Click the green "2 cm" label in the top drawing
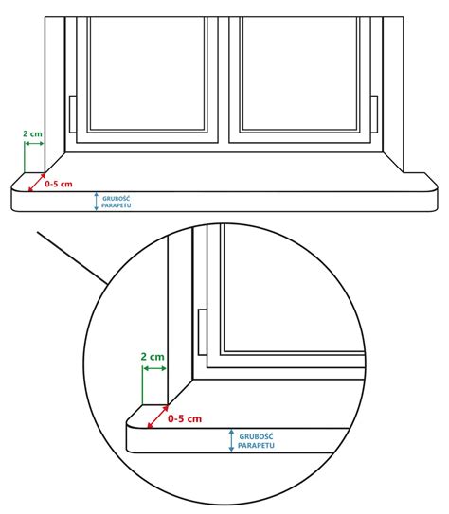[32, 133]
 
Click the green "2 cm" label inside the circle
[153, 357]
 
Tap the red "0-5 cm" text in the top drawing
[59, 184]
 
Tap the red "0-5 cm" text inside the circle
[185, 418]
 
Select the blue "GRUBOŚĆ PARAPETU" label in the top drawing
[117, 202]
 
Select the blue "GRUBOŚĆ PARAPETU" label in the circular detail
[256, 441]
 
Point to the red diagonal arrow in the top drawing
[37, 183]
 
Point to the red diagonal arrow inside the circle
[158, 417]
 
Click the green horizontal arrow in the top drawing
[34, 144]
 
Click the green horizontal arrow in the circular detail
[154, 369]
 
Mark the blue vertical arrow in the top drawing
[96, 202]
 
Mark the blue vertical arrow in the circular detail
[231, 441]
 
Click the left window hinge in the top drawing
[73, 115]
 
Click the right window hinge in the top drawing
[374, 115]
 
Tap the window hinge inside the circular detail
[203, 332]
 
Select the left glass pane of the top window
[147, 73]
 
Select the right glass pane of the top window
[299, 73]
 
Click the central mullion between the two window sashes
[224, 80]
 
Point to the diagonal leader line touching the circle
[72, 258]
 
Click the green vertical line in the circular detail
[143, 385]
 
